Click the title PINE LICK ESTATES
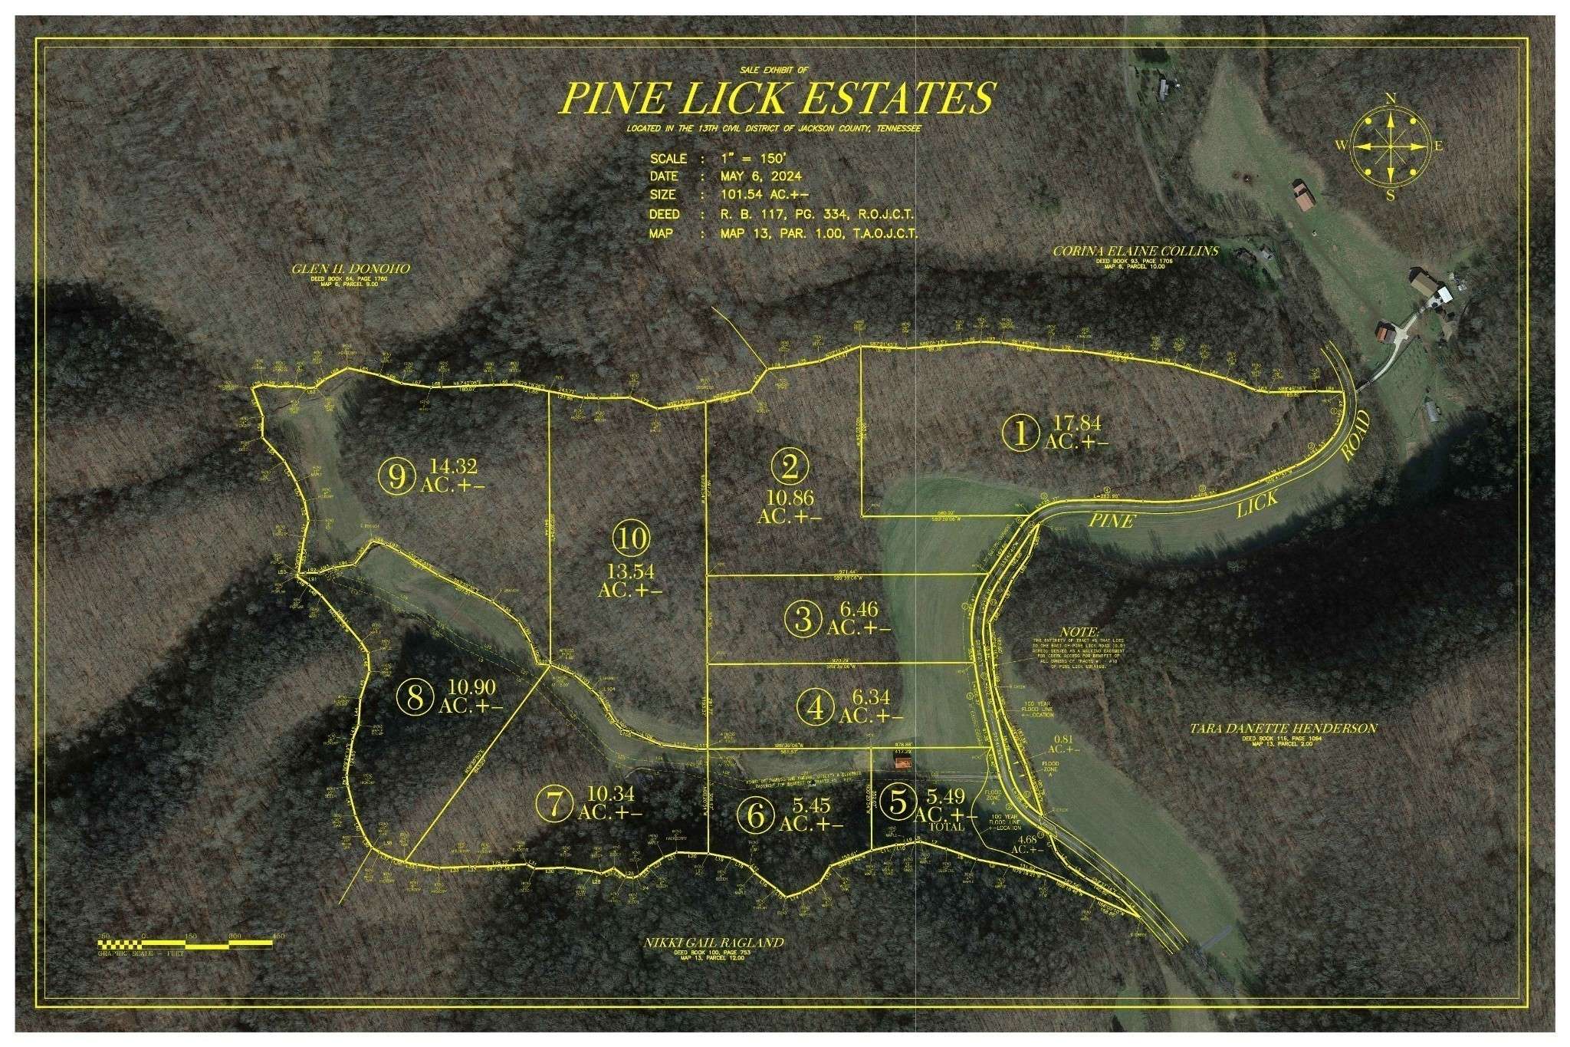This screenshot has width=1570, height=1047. point(777,97)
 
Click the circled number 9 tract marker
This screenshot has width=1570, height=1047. point(396,477)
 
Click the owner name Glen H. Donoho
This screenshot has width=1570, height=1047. point(350,269)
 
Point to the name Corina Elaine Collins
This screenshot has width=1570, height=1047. point(1135,251)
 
